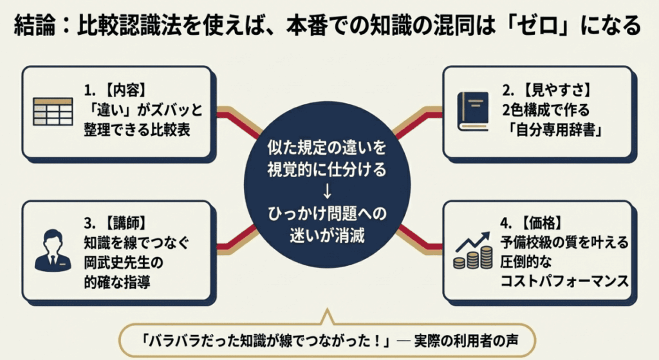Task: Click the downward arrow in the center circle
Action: coord(328,191)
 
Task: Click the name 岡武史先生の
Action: coord(122,263)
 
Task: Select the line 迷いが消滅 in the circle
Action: coord(328,234)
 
